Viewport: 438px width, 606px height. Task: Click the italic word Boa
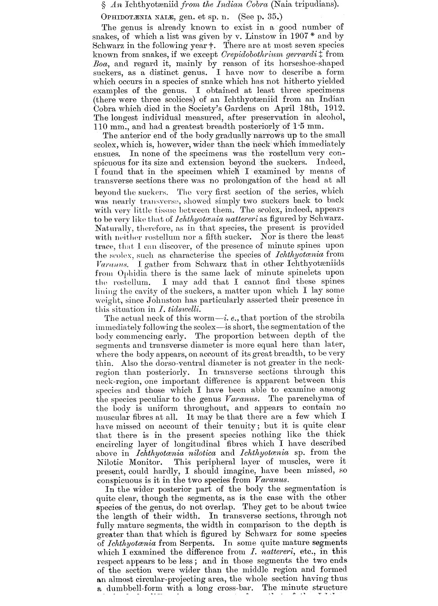click(x=101, y=63)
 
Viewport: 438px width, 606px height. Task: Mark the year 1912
click(x=332, y=108)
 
